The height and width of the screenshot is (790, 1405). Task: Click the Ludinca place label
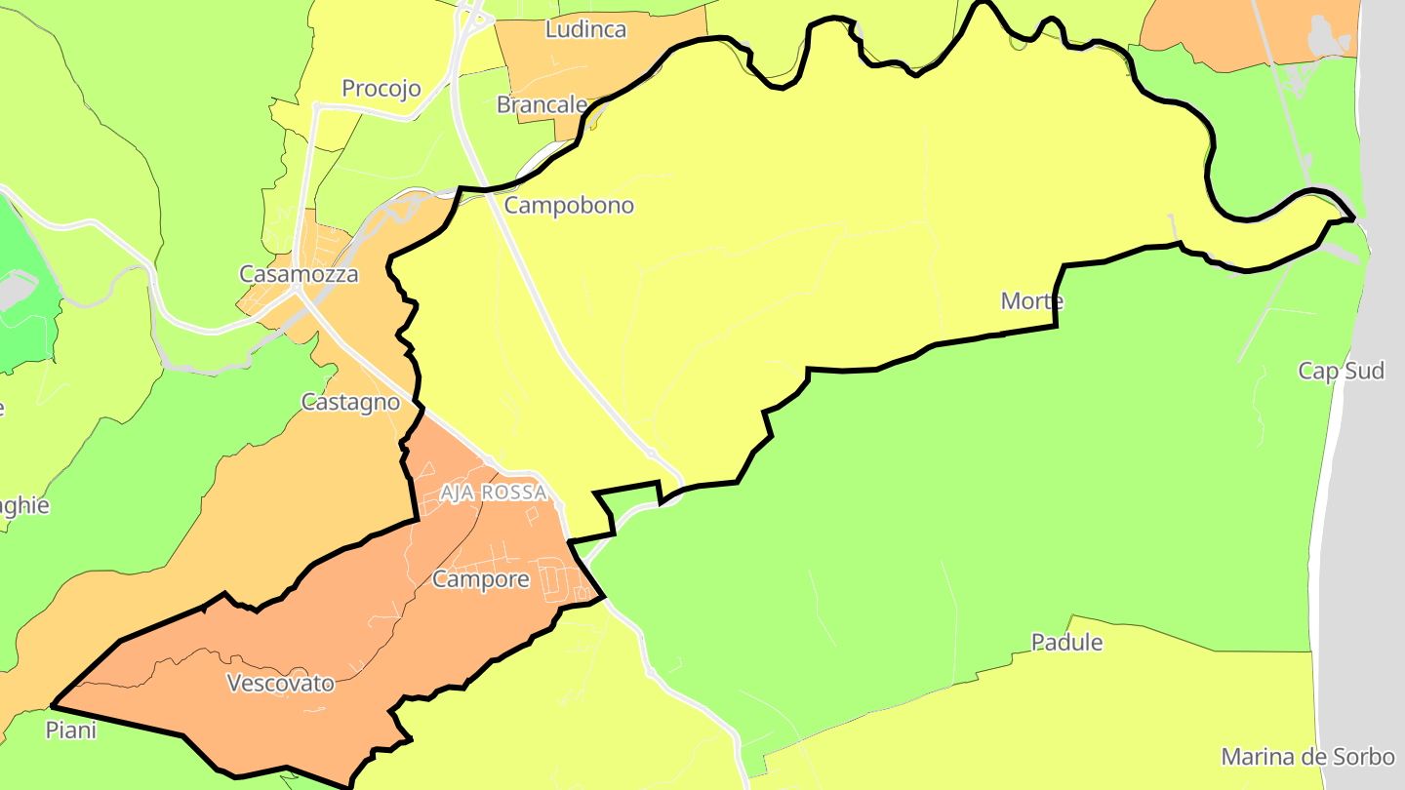[x=585, y=29]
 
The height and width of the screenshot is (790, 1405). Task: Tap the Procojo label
[x=381, y=89]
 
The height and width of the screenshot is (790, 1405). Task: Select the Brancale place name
[x=542, y=104]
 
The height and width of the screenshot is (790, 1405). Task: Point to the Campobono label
[x=569, y=206]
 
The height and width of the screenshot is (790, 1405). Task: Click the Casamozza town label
[x=299, y=274]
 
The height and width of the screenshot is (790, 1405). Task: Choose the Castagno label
[x=350, y=402]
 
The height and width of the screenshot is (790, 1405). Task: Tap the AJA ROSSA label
[x=493, y=493]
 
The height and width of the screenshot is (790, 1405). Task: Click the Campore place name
[x=480, y=579]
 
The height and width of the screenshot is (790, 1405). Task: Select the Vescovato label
[x=280, y=683]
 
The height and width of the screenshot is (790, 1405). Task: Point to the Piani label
[x=71, y=730]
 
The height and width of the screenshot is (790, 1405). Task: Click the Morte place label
[x=1031, y=301]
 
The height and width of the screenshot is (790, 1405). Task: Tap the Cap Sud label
[x=1341, y=371]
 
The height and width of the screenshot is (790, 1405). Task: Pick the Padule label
[x=1067, y=642]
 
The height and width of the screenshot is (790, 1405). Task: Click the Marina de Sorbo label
[x=1307, y=757]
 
